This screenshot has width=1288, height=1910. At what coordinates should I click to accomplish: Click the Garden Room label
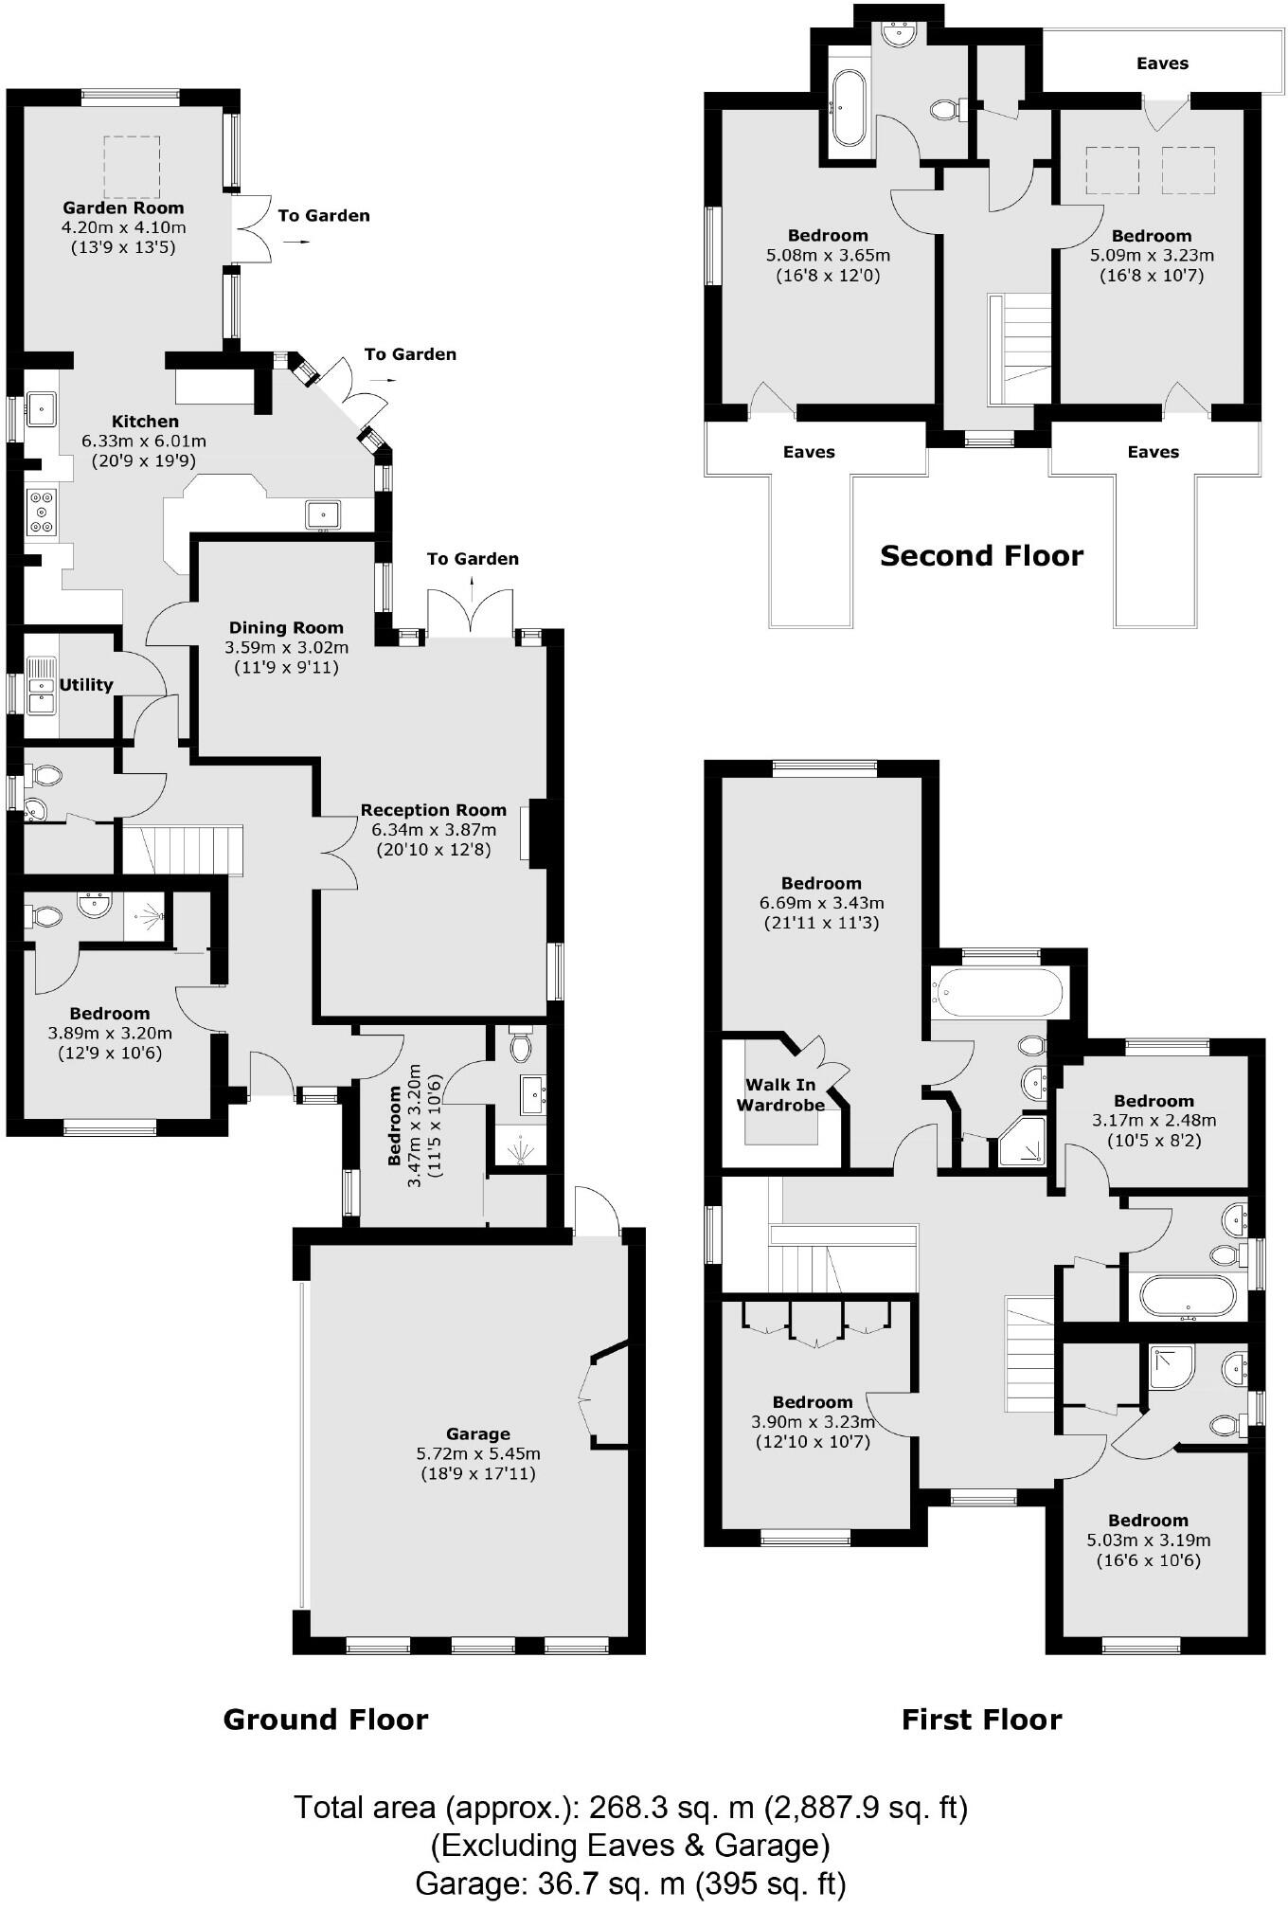123,207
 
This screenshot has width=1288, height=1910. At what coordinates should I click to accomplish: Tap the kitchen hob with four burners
42,512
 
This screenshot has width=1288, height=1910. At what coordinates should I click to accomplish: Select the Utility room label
86,685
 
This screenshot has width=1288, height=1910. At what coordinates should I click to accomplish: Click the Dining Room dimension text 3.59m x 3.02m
286,648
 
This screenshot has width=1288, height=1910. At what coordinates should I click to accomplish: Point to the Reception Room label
433,810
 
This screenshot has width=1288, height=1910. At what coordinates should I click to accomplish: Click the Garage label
478,1433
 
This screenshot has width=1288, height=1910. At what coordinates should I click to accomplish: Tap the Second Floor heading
981,555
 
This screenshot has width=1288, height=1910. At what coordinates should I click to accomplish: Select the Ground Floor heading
325,1719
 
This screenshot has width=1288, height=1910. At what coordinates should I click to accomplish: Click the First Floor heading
981,1719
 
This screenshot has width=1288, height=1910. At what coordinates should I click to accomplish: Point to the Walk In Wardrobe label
780,1095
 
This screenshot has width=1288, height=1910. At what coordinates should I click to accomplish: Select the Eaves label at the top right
1162,63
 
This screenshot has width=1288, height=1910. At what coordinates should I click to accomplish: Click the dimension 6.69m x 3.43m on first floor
821,903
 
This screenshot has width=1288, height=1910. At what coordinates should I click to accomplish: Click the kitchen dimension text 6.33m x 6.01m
144,441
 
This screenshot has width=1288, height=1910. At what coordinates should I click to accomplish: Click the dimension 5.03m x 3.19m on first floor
1148,1541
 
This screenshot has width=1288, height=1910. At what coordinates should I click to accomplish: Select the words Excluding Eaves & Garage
631,1846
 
